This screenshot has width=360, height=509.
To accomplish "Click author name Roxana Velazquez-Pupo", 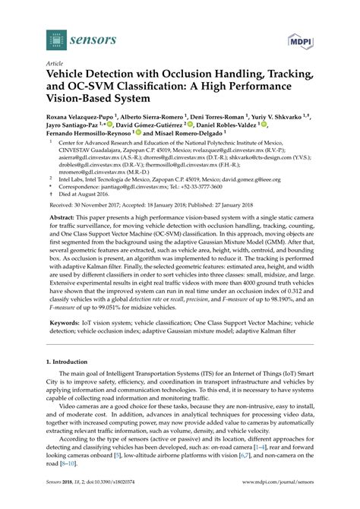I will pos(81,112).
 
